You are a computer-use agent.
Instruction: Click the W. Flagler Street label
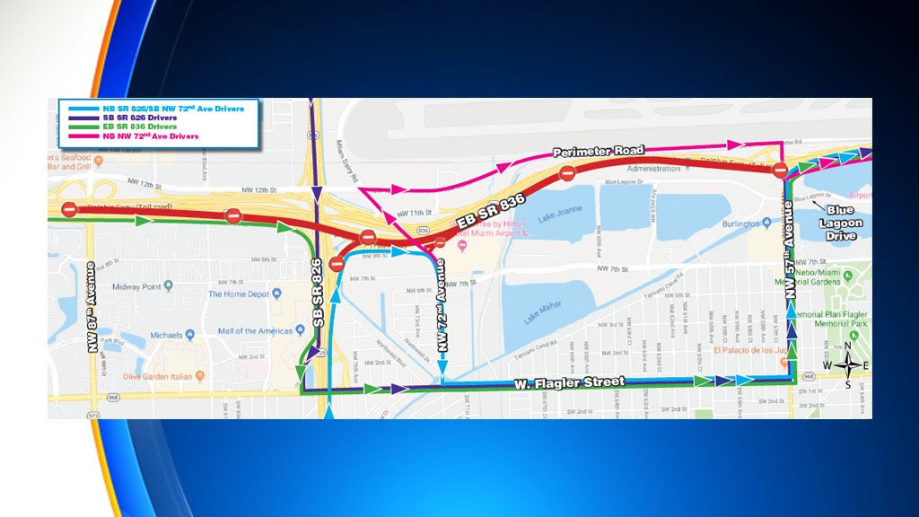click(569, 383)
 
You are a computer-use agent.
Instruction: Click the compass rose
click(847, 364)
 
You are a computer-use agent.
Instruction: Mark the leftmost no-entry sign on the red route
click(69, 209)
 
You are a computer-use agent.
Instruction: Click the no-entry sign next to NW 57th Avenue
click(780, 169)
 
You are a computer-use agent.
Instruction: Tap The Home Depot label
click(239, 294)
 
